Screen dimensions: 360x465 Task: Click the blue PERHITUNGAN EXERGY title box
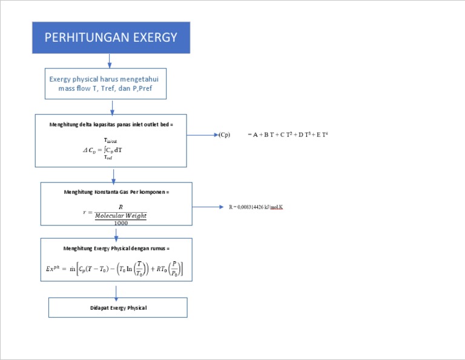coord(111,38)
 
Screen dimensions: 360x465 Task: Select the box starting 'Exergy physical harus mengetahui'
coord(106,84)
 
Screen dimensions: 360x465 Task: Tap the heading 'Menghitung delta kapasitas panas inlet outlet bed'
coord(111,124)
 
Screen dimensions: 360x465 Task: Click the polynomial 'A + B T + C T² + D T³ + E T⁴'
coord(288,135)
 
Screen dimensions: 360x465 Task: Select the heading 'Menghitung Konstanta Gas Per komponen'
coord(117,192)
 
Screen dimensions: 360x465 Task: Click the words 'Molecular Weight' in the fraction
coord(120,215)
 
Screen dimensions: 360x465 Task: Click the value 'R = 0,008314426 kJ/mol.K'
coord(256,207)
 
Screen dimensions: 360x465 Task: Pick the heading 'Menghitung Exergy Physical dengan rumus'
coord(117,248)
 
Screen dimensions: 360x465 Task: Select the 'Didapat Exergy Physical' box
coord(118,308)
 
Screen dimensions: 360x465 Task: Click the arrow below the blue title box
coord(110,61)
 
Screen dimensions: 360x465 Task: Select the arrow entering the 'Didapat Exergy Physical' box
coord(116,290)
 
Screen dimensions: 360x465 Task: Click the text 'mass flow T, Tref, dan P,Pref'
coord(106,88)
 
